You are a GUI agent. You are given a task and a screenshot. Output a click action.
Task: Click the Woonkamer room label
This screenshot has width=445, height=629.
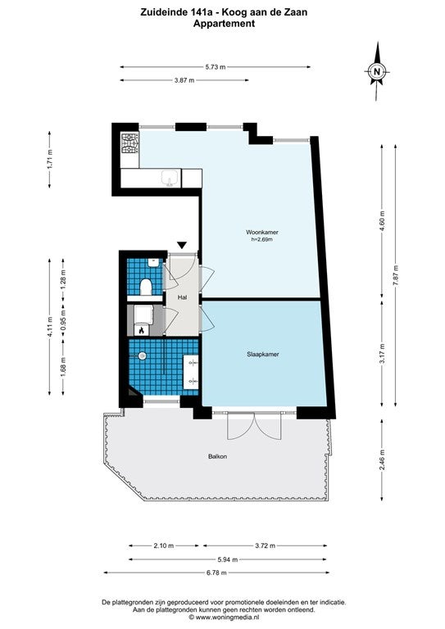tap(262, 233)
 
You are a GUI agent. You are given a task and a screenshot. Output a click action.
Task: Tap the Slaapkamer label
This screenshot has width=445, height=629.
tap(263, 354)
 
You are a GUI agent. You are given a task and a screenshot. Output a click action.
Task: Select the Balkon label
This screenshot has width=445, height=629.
tap(217, 456)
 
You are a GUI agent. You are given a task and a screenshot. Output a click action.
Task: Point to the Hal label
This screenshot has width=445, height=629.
tap(183, 297)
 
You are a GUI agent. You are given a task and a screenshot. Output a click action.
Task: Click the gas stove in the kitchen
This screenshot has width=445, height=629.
tap(130, 143)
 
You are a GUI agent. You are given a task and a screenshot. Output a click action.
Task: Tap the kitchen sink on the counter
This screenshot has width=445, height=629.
tap(170, 178)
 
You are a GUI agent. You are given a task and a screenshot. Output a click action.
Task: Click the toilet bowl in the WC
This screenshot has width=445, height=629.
tap(146, 287)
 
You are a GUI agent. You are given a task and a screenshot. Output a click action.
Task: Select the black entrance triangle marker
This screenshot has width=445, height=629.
tap(182, 245)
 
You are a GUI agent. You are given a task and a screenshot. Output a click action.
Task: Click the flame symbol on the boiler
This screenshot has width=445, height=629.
tap(141, 331)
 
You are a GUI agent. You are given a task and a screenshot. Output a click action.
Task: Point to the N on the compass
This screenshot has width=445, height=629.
tap(377, 72)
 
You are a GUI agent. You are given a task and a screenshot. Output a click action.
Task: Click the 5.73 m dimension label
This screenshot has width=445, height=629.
tap(215, 67)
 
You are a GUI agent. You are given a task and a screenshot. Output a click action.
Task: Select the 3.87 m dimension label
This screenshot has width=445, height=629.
tap(184, 80)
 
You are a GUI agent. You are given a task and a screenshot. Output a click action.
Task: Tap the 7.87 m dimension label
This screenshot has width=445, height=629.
tap(395, 275)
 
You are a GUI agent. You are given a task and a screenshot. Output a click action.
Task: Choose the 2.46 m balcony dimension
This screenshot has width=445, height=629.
tap(382, 460)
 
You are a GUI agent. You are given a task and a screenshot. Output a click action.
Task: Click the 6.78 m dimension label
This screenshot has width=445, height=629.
tap(216, 572)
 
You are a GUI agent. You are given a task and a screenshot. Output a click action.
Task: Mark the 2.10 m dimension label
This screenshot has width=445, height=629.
tap(164, 545)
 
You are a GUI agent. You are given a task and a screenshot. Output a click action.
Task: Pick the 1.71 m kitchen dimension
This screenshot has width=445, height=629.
tap(50, 159)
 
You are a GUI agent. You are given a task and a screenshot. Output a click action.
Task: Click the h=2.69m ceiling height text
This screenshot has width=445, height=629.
tap(262, 239)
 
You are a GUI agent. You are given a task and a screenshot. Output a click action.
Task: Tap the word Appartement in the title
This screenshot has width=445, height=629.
tap(224, 23)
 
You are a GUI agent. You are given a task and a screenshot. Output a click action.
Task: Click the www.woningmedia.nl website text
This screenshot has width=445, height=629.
tap(227, 618)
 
